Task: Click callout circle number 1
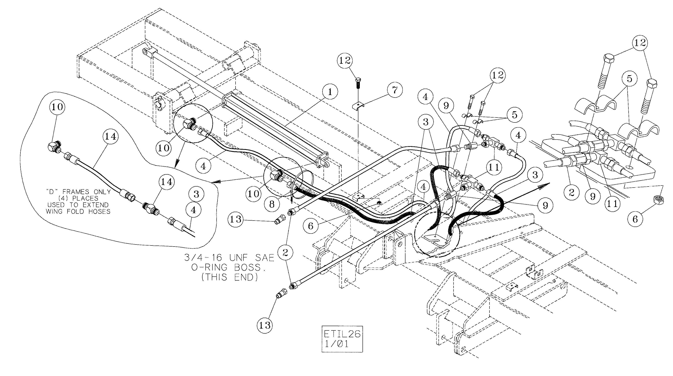tap(330, 92)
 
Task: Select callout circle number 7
tap(395, 90)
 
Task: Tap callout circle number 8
tap(272, 204)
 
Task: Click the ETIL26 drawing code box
tap(342, 339)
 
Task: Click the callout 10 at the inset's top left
tap(57, 107)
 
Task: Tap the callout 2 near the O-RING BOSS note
tap(285, 252)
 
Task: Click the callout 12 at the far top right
tap(640, 42)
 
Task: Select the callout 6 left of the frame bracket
tap(310, 226)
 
